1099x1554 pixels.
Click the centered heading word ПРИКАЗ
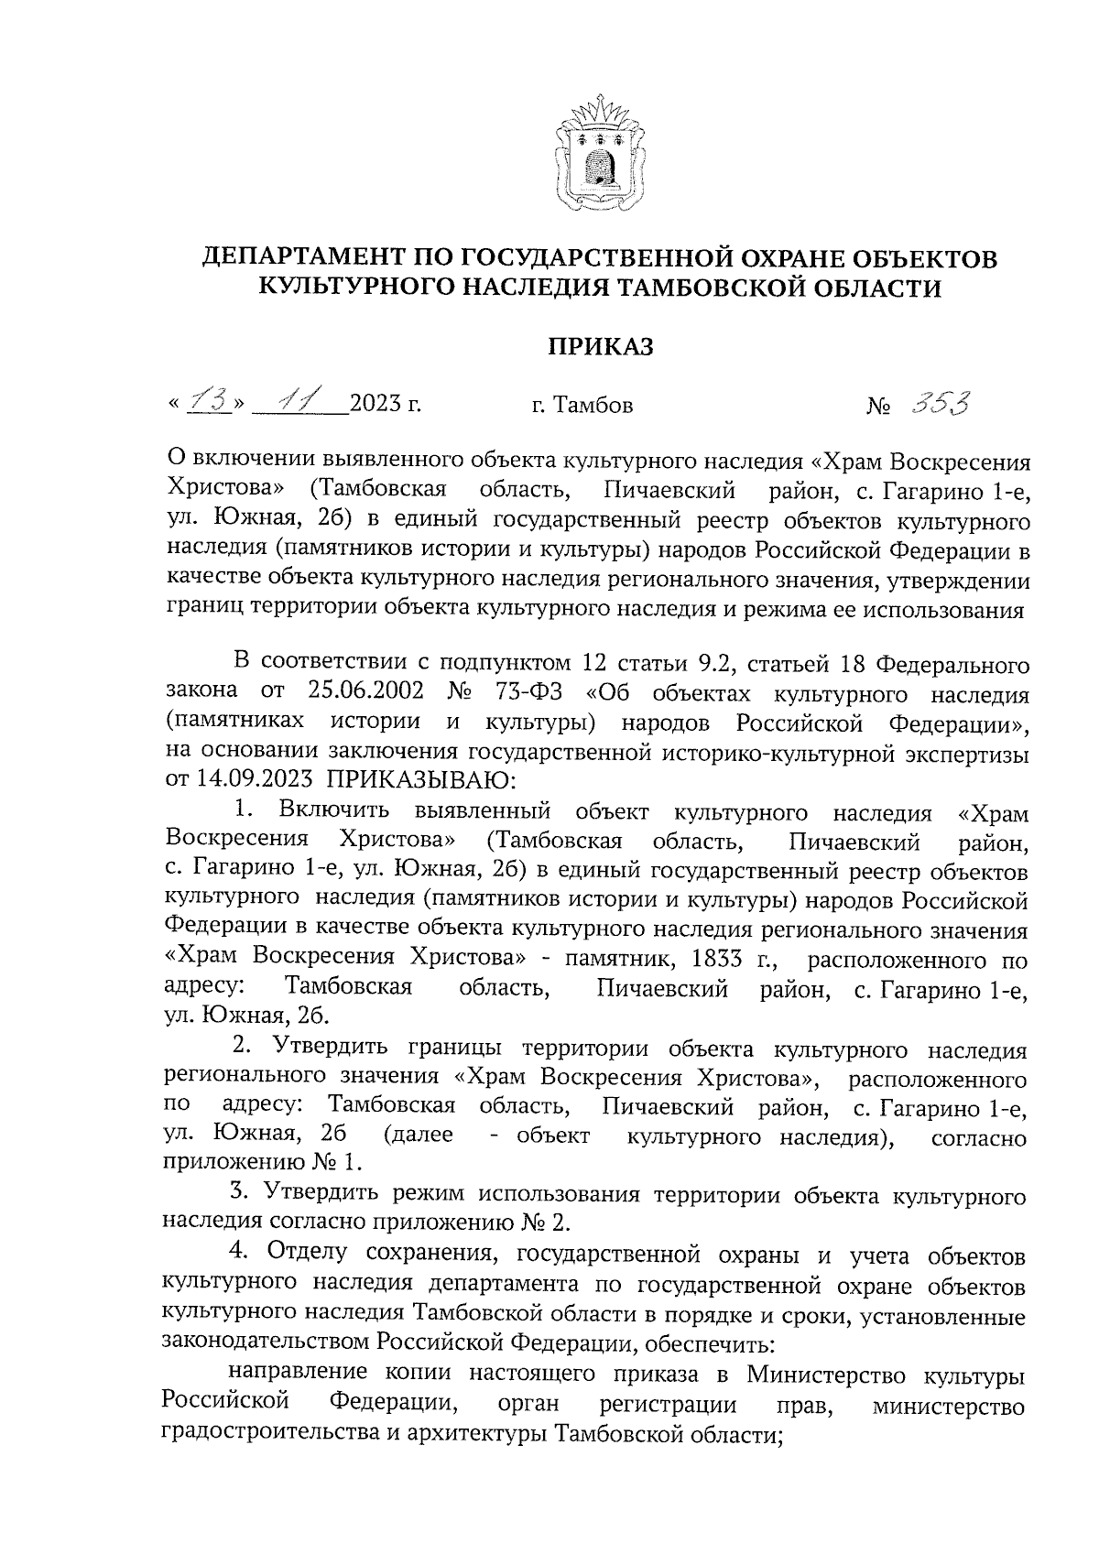coord(601,346)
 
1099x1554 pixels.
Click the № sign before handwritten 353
coord(878,405)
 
